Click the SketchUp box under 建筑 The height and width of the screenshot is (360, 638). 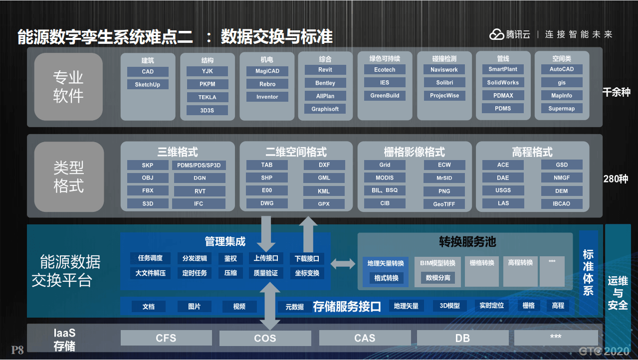point(148,85)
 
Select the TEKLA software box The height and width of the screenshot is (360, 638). point(207,97)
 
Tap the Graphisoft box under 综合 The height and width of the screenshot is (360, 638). point(325,109)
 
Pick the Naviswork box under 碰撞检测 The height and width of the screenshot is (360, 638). point(444,70)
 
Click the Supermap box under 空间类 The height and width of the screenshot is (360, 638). point(561,109)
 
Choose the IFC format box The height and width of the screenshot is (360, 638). point(199,204)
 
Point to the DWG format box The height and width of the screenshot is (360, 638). point(267,203)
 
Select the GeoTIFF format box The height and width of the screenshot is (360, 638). point(444,204)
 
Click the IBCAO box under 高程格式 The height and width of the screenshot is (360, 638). point(561,203)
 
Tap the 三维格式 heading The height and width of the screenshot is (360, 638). point(178,152)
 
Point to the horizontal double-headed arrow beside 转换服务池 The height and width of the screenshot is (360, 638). point(343,264)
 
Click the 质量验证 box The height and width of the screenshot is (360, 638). point(265,273)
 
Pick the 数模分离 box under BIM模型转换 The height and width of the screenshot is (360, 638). point(437,278)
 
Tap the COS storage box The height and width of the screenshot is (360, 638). point(265,339)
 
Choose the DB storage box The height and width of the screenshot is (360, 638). point(462,339)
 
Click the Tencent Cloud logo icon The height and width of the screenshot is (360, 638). point(497,34)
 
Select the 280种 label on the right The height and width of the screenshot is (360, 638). point(616,179)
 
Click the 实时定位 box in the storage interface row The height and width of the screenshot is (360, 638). point(491,306)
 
